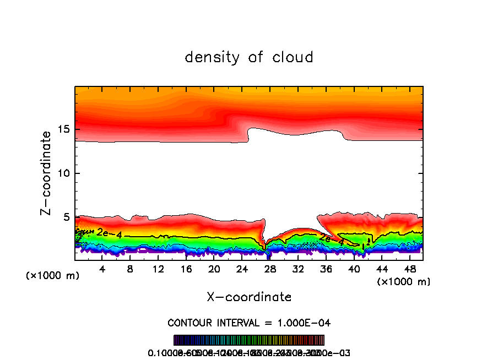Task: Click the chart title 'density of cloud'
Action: coord(249,57)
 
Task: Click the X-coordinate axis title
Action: coord(249,297)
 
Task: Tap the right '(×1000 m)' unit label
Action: coord(403,282)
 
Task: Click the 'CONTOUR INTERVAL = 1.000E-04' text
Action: coord(249,323)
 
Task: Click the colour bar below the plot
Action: coord(249,340)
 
